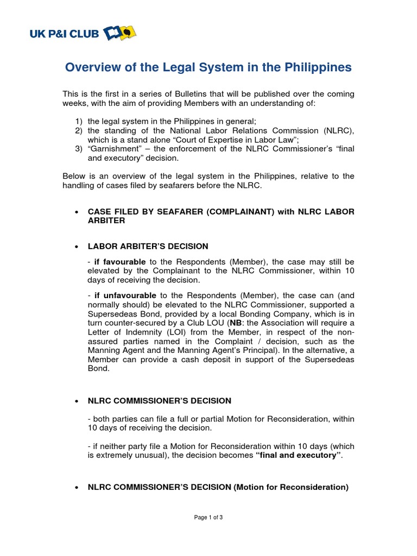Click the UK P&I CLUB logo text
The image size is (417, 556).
click(65, 34)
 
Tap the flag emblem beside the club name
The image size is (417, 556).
click(120, 34)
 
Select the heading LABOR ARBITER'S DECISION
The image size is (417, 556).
click(148, 246)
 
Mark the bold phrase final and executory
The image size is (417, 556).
click(298, 455)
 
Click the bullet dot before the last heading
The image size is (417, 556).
click(76, 488)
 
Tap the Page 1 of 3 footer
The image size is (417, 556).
click(208, 517)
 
